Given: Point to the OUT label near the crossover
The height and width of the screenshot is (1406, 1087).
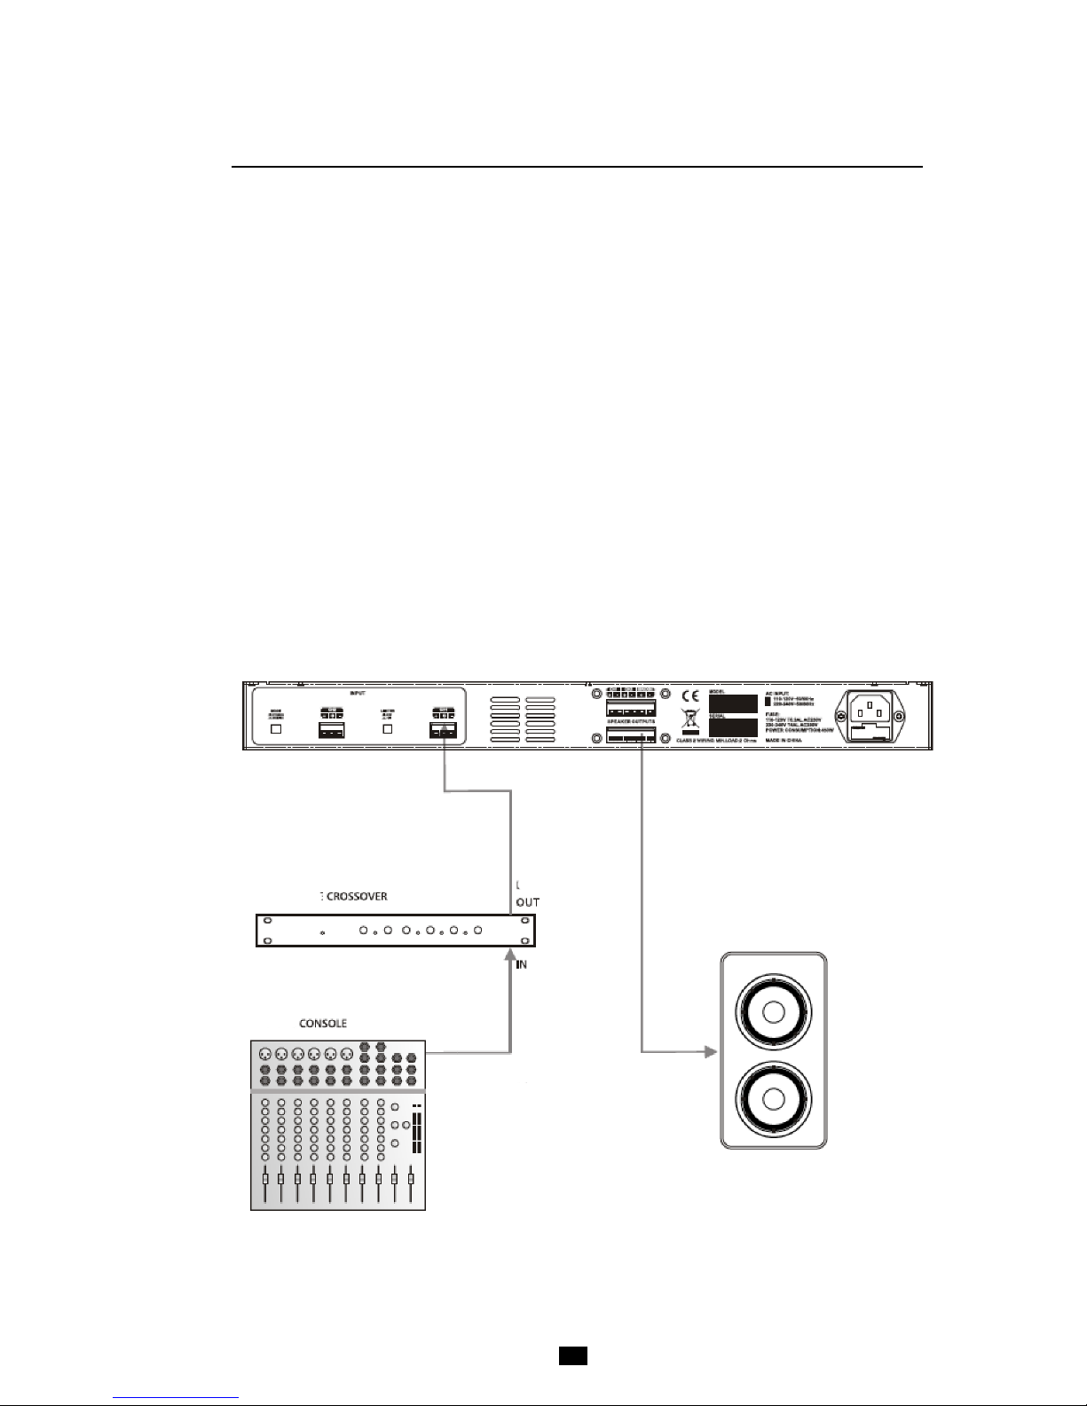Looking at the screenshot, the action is [x=528, y=902].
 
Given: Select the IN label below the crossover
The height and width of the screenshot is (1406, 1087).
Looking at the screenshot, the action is [x=522, y=964].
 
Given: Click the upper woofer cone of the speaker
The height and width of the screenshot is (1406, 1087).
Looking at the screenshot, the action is [x=775, y=1013].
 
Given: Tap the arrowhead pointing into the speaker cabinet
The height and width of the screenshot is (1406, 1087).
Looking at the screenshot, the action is [x=709, y=1053].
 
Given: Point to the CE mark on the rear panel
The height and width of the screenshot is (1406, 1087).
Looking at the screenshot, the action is [x=689, y=696].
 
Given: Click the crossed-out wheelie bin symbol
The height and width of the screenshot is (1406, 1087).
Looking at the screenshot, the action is [x=689, y=719].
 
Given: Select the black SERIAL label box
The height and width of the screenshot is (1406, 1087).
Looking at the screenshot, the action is [x=733, y=731].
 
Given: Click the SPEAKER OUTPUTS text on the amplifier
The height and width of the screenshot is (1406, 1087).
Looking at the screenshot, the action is [x=631, y=723].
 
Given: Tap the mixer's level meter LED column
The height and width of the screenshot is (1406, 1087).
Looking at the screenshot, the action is [x=416, y=1131].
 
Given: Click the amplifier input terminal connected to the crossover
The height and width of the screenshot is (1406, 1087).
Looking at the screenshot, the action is [x=442, y=731].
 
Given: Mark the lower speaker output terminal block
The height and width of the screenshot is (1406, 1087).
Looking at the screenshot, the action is [x=631, y=736].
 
